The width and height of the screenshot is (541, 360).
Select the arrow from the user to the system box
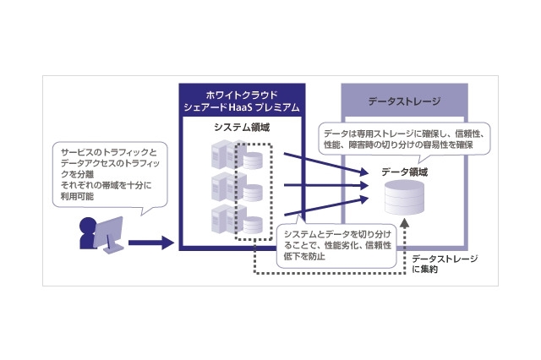tap(152, 243)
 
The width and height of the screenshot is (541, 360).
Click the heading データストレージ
tap(405, 101)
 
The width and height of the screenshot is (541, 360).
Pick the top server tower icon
tap(221, 155)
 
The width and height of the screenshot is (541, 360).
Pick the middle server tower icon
tap(221, 185)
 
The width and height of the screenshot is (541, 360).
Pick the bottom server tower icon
tap(221, 215)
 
